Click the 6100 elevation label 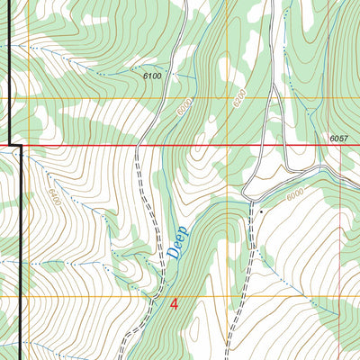coord(152,76)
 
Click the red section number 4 coord(174,305)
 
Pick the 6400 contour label coord(54,194)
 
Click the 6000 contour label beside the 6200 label coord(184,108)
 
